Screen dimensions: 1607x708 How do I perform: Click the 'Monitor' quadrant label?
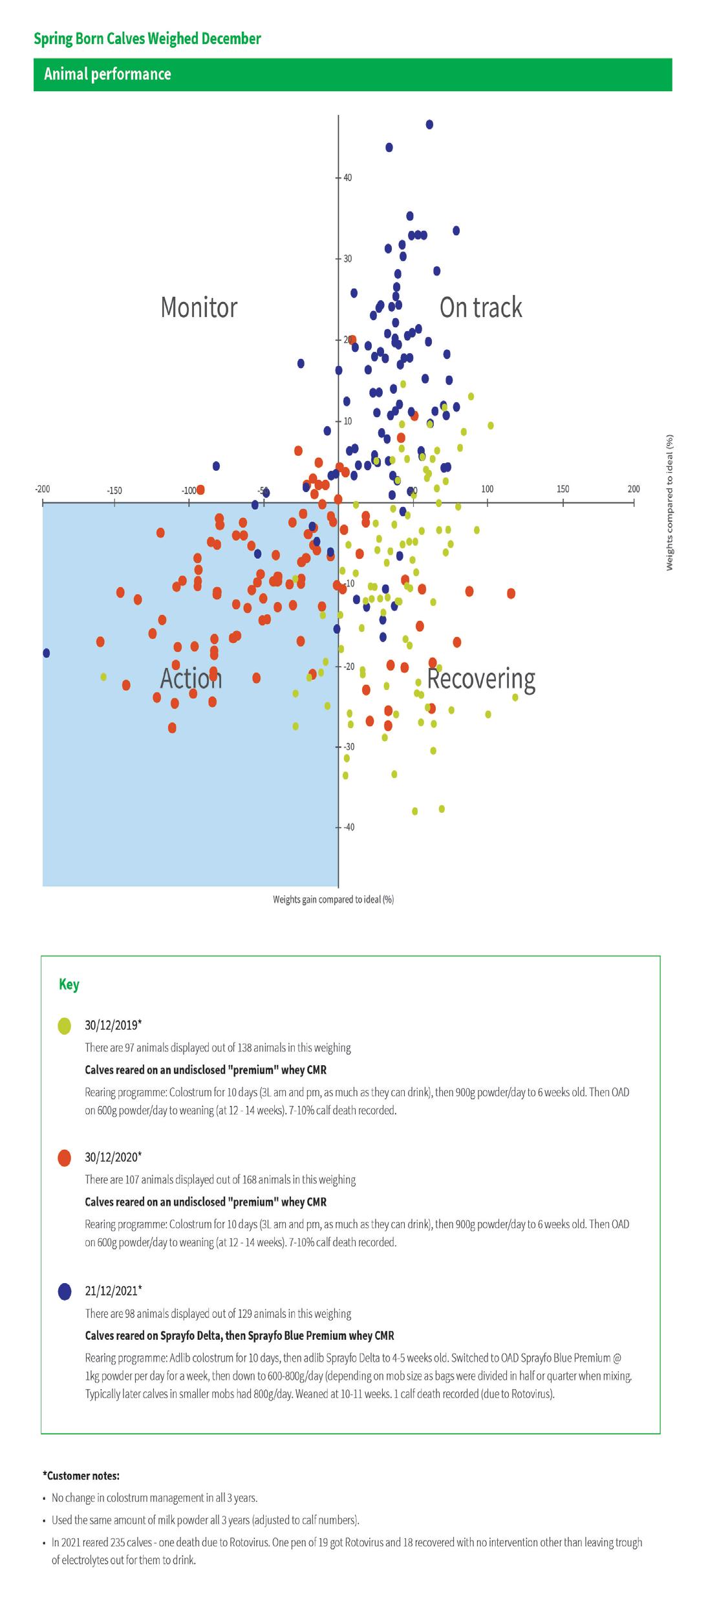198,307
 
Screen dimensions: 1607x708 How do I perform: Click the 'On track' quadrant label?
480,307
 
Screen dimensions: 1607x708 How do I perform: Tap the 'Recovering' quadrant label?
481,678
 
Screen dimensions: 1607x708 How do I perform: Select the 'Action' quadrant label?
191,678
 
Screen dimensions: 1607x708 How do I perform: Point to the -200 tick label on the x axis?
42,489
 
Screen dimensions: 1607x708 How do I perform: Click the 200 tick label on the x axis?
634,489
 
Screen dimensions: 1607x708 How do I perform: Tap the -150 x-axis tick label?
114,491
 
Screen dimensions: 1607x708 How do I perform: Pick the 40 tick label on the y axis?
347,177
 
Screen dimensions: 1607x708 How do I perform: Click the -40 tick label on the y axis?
349,827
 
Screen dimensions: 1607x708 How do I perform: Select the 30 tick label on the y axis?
347,259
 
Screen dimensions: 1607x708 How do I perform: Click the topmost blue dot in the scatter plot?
429,124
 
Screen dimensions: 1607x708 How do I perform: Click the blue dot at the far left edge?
45,653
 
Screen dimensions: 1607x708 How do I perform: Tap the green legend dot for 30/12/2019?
65,1026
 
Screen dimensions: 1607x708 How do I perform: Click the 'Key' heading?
69,984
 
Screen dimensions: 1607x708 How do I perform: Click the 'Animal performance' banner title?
107,74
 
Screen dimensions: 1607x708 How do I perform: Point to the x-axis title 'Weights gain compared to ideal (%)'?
333,900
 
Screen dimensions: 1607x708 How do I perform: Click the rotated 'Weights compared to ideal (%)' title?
670,502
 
